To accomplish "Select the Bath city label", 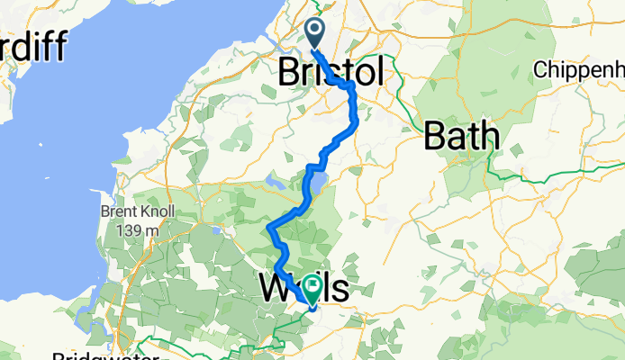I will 461,136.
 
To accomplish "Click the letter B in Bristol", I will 291,72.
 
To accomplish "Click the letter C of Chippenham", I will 541,68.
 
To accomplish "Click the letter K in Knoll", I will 140,213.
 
